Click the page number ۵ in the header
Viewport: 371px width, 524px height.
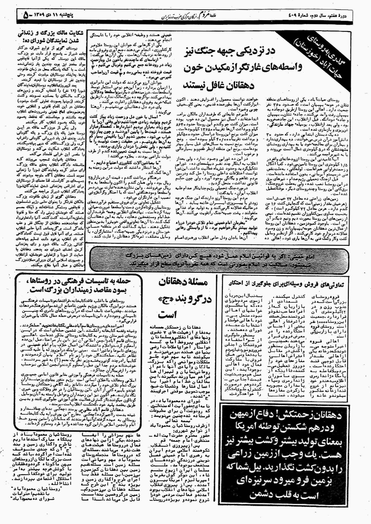(x=26, y=16)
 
